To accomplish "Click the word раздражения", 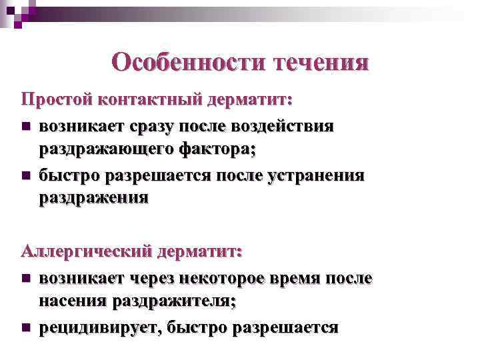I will pos(93,199).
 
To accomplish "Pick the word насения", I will pos(73,302).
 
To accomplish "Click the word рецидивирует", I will pos(101,327).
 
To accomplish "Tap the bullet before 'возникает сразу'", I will pos(26,126).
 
